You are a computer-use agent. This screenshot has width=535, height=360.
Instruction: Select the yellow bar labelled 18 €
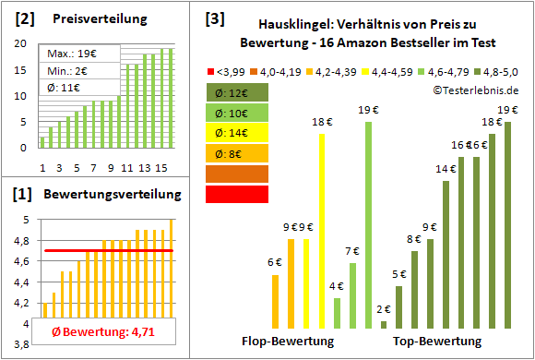pos(322,231)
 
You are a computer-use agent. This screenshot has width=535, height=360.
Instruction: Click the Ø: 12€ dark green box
pos(238,92)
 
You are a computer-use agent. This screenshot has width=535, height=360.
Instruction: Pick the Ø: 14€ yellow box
pos(238,133)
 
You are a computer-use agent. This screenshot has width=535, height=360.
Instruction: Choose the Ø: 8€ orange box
pos(238,153)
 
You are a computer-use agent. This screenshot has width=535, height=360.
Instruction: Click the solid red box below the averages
pos(238,194)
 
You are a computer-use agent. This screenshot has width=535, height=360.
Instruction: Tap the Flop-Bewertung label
pos(288,341)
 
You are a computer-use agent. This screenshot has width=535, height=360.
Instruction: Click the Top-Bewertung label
pos(437,341)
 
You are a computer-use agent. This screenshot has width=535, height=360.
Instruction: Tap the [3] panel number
pos(215,18)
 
